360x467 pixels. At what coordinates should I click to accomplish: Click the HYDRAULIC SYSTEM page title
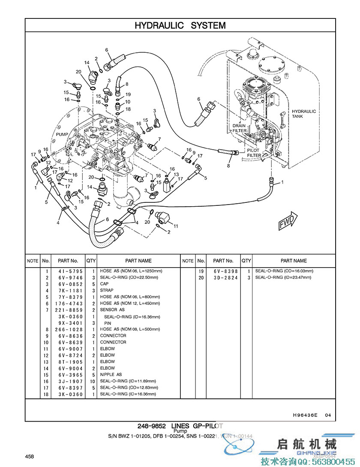click(x=180, y=26)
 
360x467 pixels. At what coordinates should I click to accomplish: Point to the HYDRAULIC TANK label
click(x=304, y=114)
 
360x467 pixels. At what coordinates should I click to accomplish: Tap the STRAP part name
click(x=107, y=290)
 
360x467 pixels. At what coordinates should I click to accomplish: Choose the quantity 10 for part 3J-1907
click(x=92, y=381)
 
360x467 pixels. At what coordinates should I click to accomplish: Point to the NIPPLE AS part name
click(x=111, y=375)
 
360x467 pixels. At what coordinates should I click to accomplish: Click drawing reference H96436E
click(x=305, y=415)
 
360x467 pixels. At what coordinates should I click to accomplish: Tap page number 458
click(x=30, y=456)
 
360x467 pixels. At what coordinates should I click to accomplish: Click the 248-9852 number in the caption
click(x=152, y=426)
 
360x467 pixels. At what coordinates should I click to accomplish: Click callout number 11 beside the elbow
click(x=176, y=226)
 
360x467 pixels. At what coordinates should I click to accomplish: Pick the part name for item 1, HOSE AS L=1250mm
click(x=131, y=271)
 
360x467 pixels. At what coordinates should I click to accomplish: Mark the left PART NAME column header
click(x=138, y=261)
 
